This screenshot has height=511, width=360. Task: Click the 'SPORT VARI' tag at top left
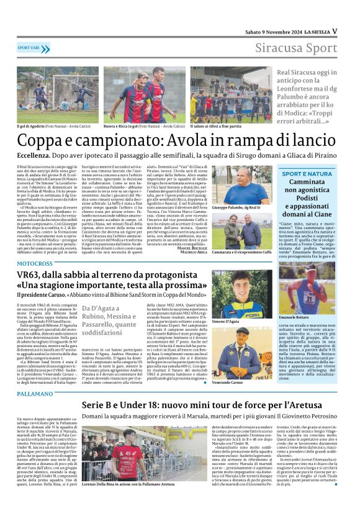coord(30,47)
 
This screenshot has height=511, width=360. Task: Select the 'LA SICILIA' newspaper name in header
coord(314,30)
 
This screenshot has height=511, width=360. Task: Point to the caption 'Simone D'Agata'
coord(225,322)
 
